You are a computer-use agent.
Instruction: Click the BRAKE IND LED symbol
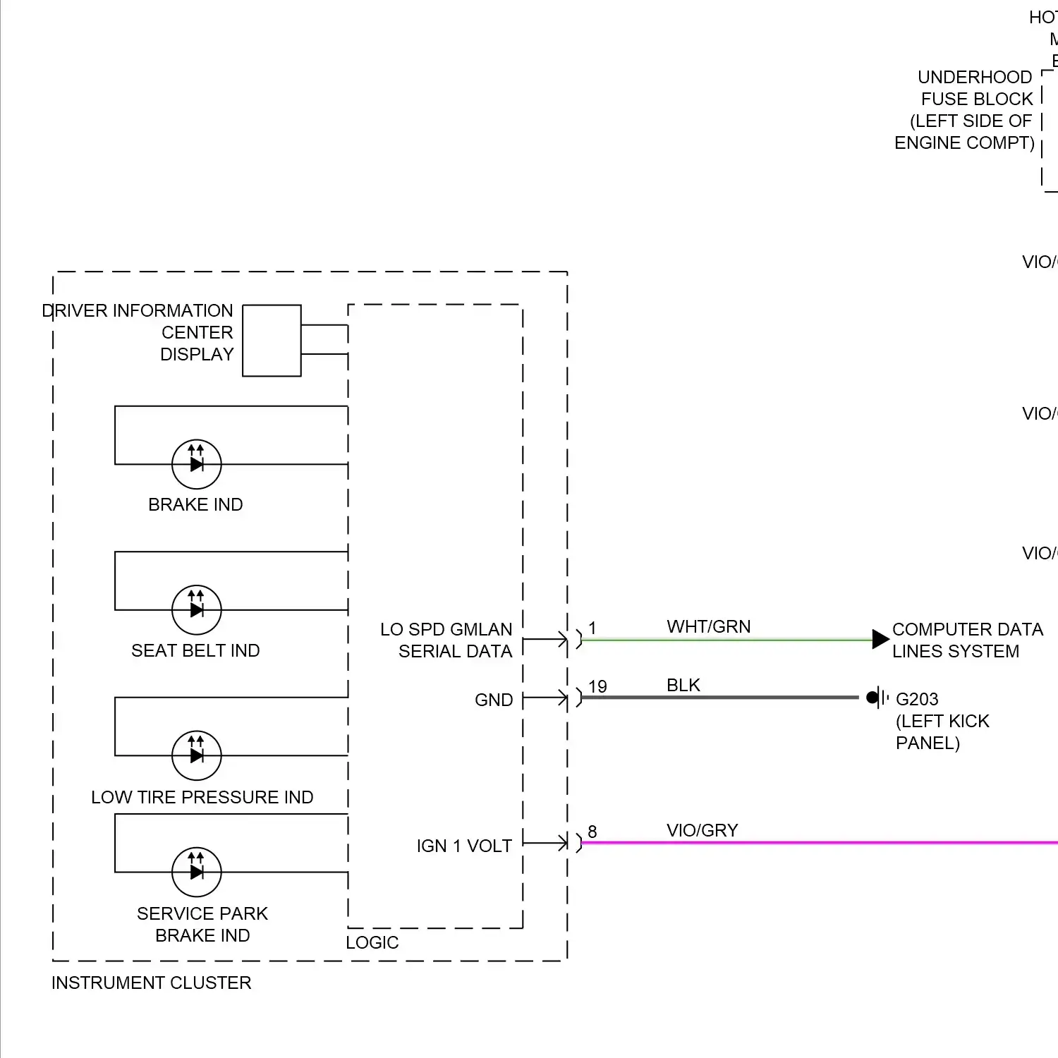click(x=197, y=464)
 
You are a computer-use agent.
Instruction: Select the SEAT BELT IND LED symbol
click(x=197, y=609)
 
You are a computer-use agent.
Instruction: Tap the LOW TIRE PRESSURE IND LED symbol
click(x=197, y=755)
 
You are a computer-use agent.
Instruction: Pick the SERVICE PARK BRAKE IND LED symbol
click(x=197, y=872)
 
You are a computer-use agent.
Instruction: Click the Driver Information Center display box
click(x=272, y=341)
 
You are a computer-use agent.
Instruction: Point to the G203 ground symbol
click(x=876, y=698)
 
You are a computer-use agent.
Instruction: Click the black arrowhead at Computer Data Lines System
click(x=880, y=639)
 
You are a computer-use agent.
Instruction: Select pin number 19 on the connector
click(x=597, y=686)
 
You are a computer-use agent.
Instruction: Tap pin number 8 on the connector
click(x=592, y=832)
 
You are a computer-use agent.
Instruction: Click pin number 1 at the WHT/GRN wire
click(x=592, y=628)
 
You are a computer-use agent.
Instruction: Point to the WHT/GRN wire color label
click(x=708, y=626)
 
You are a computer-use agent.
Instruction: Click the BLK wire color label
click(x=683, y=685)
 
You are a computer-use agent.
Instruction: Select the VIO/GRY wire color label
click(x=702, y=830)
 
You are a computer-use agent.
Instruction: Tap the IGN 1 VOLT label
click(x=464, y=846)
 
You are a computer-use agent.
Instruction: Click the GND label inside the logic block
click(x=493, y=700)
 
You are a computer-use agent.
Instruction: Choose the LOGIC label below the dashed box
click(x=372, y=942)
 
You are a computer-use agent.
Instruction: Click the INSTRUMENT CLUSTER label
click(x=151, y=983)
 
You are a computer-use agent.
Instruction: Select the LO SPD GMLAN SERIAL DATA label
click(x=446, y=640)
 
